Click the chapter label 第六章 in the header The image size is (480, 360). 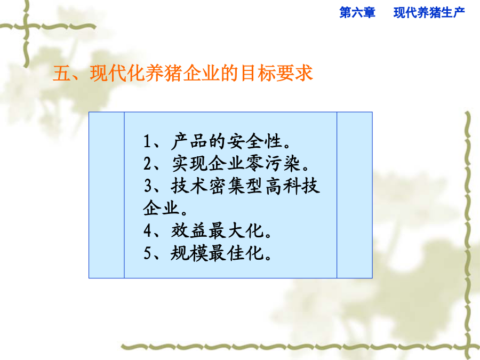pyautogui.click(x=357, y=13)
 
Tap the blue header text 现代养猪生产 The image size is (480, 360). pyautogui.click(x=429, y=13)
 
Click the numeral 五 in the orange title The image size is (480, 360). pyautogui.click(x=62, y=73)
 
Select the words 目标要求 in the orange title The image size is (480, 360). pyautogui.click(x=276, y=73)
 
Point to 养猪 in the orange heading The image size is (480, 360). pyautogui.click(x=164, y=73)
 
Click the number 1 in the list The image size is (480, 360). pyautogui.click(x=147, y=141)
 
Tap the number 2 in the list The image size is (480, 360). pyautogui.click(x=148, y=163)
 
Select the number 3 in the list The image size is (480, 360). pyautogui.click(x=148, y=186)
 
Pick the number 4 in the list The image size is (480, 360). pyautogui.click(x=148, y=230)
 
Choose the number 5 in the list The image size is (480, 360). pyautogui.click(x=148, y=253)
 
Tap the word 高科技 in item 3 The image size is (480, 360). pyautogui.click(x=292, y=186)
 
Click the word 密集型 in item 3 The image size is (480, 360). pyautogui.click(x=236, y=186)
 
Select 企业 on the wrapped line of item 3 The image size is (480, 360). pyautogui.click(x=161, y=208)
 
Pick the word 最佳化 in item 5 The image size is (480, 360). pyautogui.click(x=236, y=253)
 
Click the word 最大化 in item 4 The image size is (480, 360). pyautogui.click(x=236, y=230)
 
